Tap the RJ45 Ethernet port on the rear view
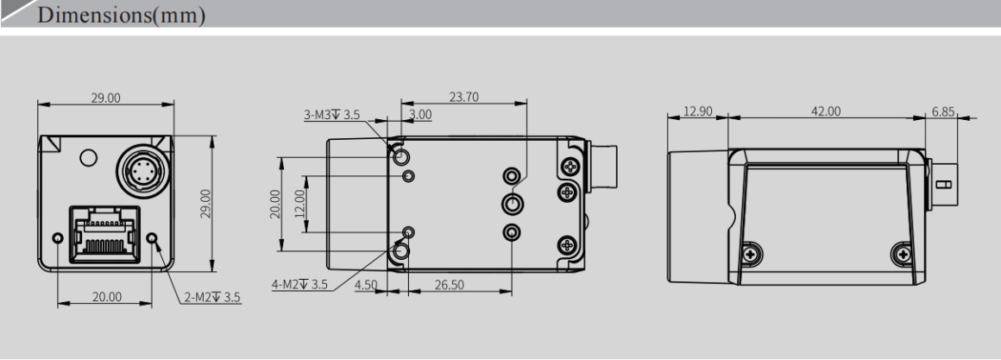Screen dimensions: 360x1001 click(104, 231)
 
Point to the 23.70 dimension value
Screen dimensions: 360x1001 click(467, 98)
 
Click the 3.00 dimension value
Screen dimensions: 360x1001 click(421, 114)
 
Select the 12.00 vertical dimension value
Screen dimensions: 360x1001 click(299, 205)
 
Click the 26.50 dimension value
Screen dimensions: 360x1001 click(448, 286)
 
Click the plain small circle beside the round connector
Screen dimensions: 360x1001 click(86, 157)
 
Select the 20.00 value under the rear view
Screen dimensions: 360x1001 click(106, 298)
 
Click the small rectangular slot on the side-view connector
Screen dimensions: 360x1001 click(944, 185)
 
